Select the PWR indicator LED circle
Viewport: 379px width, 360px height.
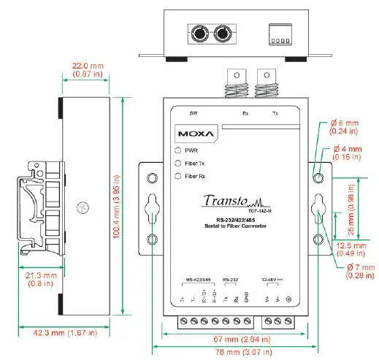pyautogui.click(x=177, y=150)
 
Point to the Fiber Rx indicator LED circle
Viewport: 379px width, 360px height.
pyautogui.click(x=177, y=176)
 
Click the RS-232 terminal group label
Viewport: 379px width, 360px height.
pyautogui.click(x=230, y=280)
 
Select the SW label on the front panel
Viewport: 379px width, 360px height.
pyautogui.click(x=194, y=113)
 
